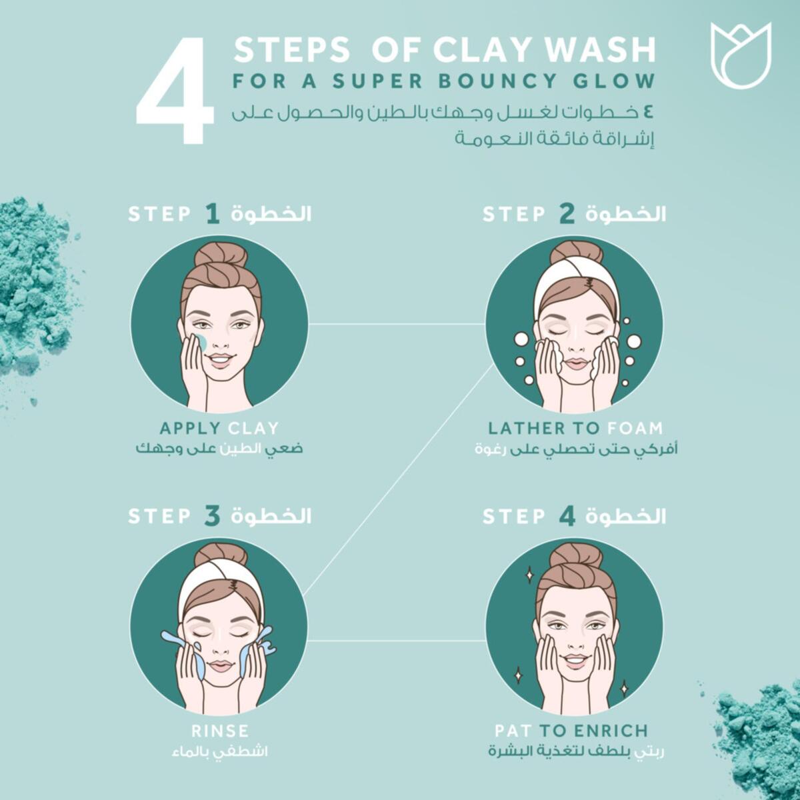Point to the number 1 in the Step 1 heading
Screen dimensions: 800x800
[x=212, y=214]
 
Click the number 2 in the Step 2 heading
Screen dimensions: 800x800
[x=566, y=214]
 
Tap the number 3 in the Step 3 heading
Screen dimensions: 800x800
[x=212, y=516]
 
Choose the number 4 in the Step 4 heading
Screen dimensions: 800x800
[x=567, y=516]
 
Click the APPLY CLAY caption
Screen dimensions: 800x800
[x=219, y=428]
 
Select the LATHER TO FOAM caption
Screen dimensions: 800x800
[x=575, y=428]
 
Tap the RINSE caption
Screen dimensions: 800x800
[x=219, y=730]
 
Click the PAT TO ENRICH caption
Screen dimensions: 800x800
[x=571, y=730]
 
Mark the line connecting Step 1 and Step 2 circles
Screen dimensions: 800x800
[x=397, y=325]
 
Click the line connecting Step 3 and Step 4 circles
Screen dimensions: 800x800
[x=397, y=641]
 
